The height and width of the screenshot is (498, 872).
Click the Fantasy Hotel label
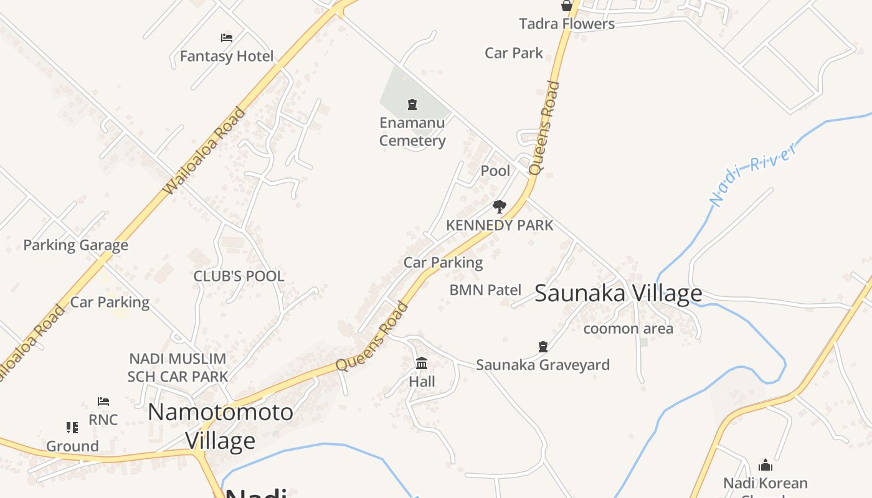pyautogui.click(x=227, y=57)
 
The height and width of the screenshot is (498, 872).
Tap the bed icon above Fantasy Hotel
pyautogui.click(x=227, y=38)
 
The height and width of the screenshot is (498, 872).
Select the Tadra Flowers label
pyautogui.click(x=567, y=24)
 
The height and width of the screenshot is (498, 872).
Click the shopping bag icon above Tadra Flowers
pyautogui.click(x=567, y=6)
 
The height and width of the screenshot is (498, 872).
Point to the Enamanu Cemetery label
pyautogui.click(x=412, y=131)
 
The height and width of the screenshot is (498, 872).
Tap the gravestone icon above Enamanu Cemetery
pyautogui.click(x=412, y=104)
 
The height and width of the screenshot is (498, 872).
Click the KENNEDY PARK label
pyautogui.click(x=500, y=225)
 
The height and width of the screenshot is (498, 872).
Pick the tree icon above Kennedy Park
pyautogui.click(x=500, y=207)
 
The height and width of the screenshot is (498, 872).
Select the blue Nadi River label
pyautogui.click(x=754, y=174)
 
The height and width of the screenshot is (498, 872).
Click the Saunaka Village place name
pyautogui.click(x=618, y=293)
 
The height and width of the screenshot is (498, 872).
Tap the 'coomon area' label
pyautogui.click(x=628, y=329)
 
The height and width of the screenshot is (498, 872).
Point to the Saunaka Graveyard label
pyautogui.click(x=543, y=365)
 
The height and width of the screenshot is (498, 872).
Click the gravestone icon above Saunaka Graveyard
pyautogui.click(x=543, y=346)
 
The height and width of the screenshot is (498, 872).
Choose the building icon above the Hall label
pyautogui.click(x=422, y=363)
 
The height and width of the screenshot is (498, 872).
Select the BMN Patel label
pyautogui.click(x=485, y=289)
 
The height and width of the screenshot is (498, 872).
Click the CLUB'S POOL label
pyautogui.click(x=239, y=276)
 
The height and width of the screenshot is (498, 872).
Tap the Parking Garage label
pyautogui.click(x=75, y=245)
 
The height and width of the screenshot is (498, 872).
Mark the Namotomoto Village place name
pyautogui.click(x=220, y=426)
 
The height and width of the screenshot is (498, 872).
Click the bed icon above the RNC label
pyautogui.click(x=103, y=402)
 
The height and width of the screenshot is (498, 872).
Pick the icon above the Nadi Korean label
pyautogui.click(x=765, y=465)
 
